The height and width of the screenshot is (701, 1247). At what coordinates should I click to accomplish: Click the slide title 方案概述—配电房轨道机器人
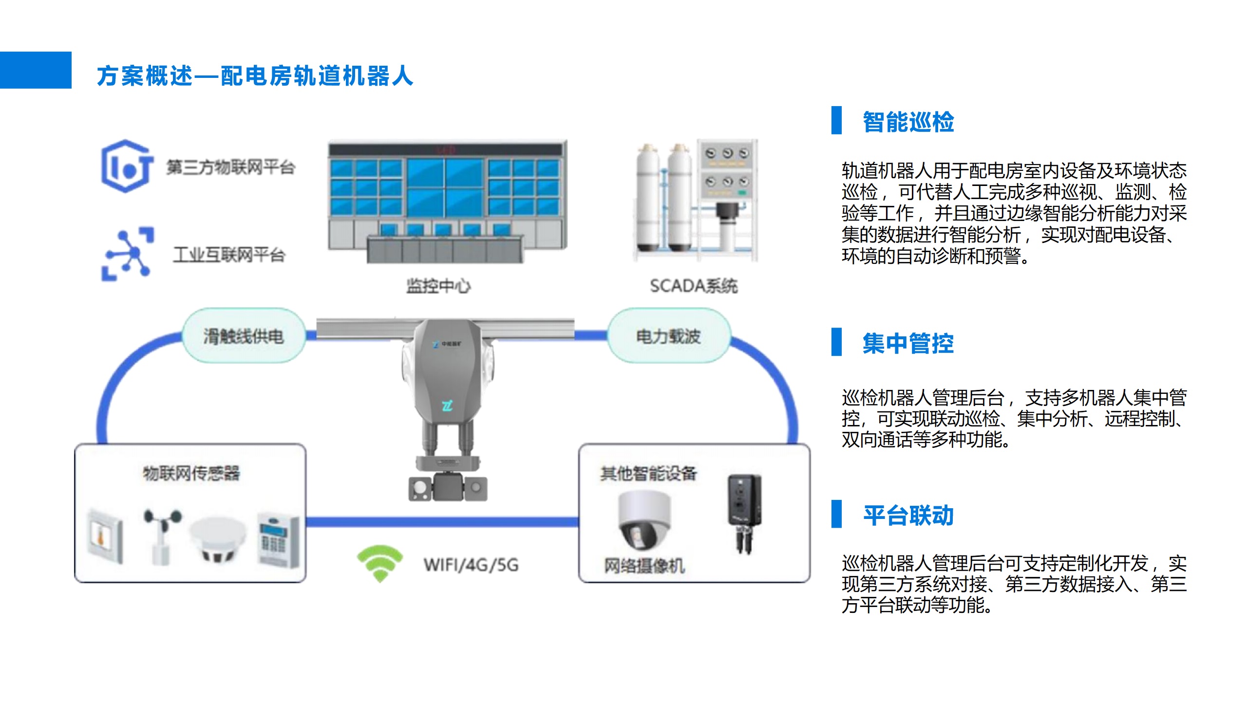[255, 76]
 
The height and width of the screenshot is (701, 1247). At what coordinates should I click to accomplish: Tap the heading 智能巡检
[908, 122]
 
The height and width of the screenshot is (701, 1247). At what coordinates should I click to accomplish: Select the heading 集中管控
[908, 343]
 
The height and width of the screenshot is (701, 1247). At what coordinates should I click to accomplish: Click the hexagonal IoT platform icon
[127, 166]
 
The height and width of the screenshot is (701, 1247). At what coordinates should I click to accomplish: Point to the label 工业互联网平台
[229, 255]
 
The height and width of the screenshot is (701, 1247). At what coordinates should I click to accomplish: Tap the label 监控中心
[438, 286]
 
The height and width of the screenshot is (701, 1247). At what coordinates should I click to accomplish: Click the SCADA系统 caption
[694, 286]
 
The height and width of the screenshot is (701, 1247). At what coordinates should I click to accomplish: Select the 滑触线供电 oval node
[244, 336]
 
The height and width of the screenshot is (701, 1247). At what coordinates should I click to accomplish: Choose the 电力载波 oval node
[668, 336]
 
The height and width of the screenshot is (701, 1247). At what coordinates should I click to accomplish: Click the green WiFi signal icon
[380, 563]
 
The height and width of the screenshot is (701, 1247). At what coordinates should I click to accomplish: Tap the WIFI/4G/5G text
[471, 565]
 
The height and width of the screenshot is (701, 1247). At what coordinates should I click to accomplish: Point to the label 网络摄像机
[644, 566]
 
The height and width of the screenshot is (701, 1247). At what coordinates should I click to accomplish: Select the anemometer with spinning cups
[163, 535]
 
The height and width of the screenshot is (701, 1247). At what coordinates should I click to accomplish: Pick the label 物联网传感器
[191, 473]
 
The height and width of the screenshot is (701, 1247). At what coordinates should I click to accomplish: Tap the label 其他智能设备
[648, 473]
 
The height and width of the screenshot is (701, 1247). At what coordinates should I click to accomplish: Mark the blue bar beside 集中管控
[836, 342]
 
